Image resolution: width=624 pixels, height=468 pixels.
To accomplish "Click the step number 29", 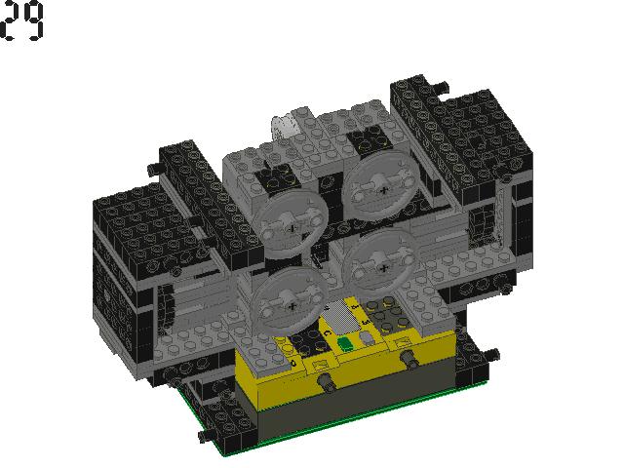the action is (21, 19).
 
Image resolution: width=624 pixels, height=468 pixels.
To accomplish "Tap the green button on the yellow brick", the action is (344, 344).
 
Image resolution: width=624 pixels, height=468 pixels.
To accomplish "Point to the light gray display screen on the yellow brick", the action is (338, 317).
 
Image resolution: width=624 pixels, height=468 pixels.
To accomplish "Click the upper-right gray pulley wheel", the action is (381, 186).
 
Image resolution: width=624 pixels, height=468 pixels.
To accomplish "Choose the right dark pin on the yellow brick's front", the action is (409, 358).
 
